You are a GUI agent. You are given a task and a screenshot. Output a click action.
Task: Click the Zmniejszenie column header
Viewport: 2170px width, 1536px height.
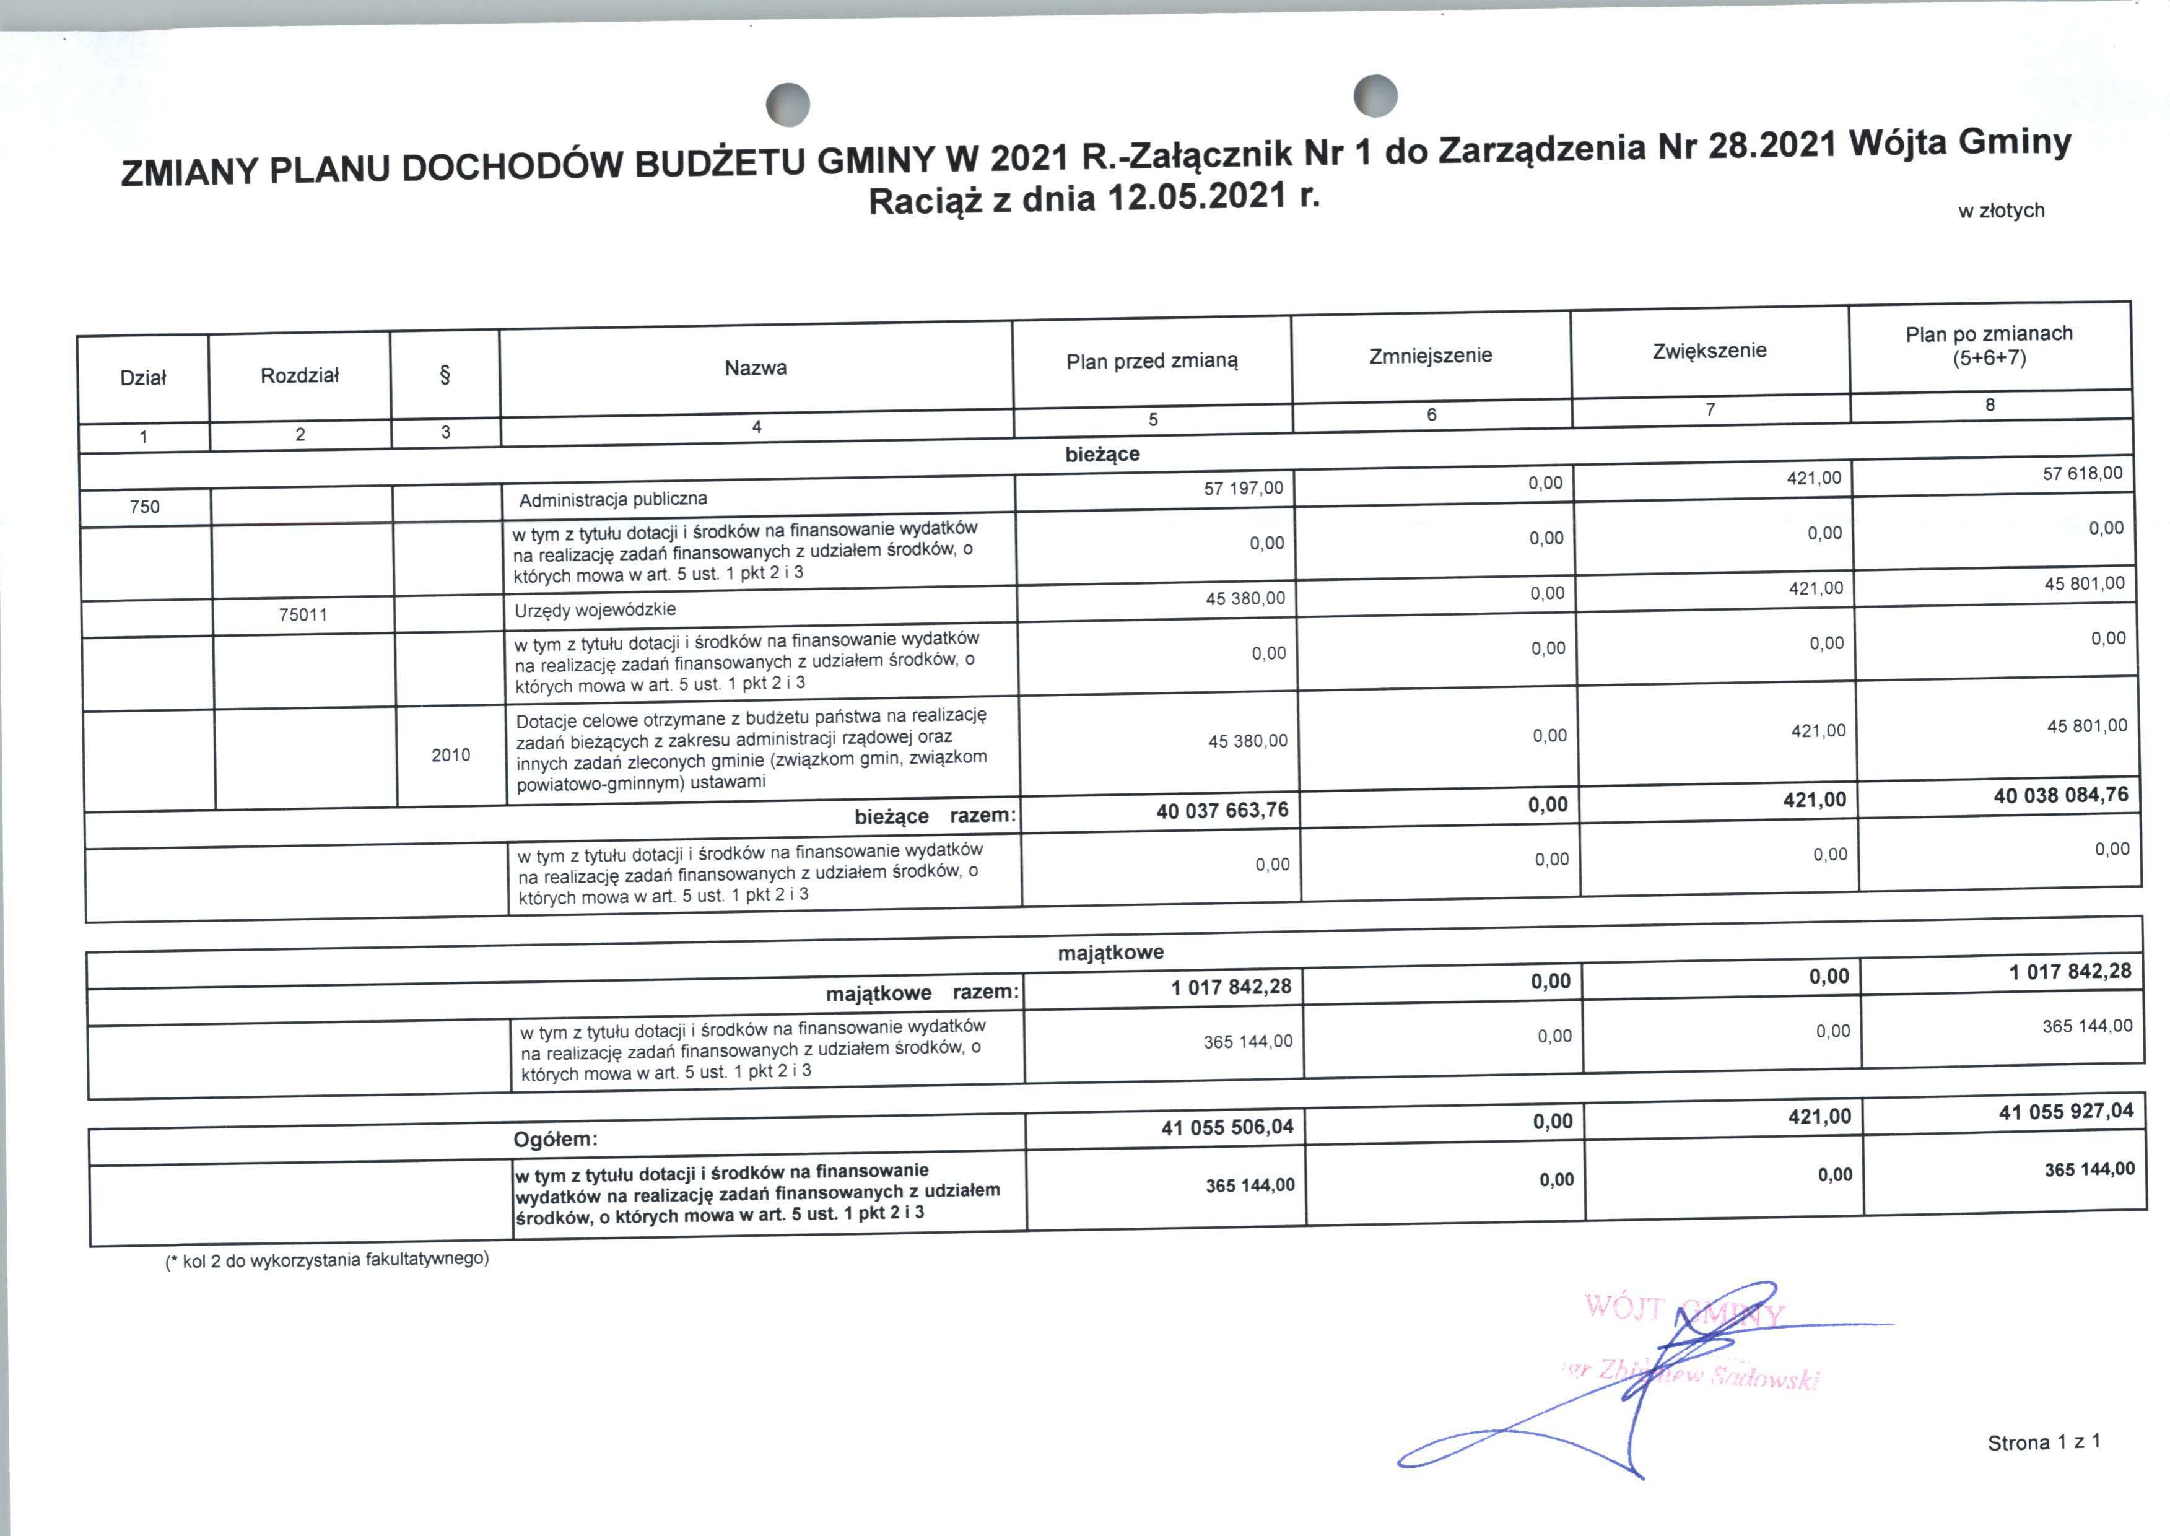tap(1430, 356)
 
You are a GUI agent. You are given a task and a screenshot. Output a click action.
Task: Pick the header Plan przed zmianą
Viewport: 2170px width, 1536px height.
tap(1152, 360)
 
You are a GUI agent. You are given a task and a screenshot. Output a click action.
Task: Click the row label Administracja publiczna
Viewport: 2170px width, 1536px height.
tap(612, 499)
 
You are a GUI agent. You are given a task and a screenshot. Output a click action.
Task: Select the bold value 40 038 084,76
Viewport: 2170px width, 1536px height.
tap(2060, 795)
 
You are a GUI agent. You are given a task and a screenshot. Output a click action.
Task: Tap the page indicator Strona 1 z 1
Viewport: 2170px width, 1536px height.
tap(2043, 1442)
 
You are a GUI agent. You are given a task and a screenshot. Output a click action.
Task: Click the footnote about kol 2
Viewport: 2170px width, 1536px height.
tap(327, 1260)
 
